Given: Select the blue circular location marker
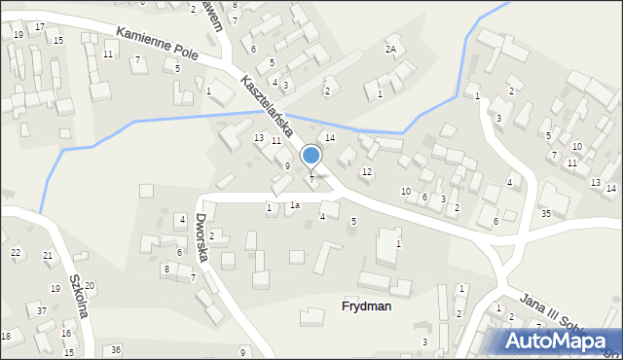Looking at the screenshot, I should point(311,155).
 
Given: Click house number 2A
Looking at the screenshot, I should point(391,49).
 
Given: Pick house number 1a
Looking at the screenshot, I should point(294,205).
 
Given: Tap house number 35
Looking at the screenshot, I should point(546,213).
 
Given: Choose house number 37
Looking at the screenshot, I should point(42,310).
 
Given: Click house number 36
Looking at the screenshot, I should point(116,349).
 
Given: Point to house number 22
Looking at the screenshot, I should point(16,252).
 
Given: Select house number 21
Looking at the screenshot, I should point(48,256).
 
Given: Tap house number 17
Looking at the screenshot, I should point(39,26).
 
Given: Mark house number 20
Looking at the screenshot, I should point(90,285).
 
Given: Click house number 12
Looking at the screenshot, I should point(366,172).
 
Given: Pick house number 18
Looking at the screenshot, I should point(6,336).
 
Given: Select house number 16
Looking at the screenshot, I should point(66,334).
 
